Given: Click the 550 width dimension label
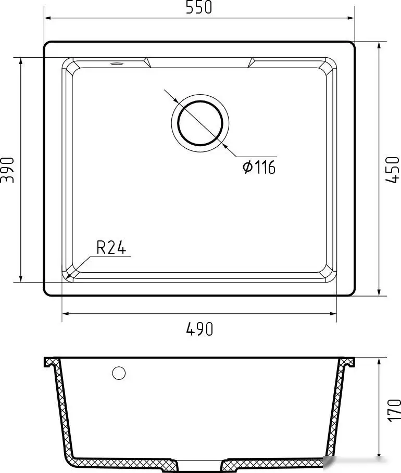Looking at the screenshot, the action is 199,7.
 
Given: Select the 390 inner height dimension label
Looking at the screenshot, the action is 7,170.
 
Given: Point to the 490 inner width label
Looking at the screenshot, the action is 199,329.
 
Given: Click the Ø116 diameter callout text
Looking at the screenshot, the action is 259,167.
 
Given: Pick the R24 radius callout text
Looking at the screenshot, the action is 111,247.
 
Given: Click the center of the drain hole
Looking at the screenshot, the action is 200,123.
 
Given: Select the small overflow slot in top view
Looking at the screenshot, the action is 117,63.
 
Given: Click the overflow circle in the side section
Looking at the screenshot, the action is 119,373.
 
